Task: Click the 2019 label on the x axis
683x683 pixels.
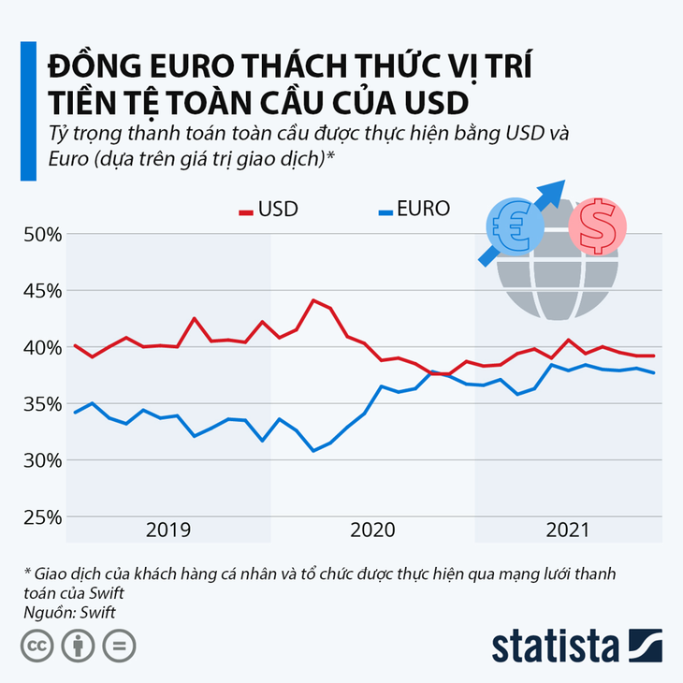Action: (169, 530)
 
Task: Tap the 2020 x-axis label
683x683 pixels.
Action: (373, 530)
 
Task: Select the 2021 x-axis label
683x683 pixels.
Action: (568, 530)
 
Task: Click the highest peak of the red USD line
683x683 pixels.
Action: (312, 300)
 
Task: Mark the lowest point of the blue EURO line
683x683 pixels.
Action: (313, 451)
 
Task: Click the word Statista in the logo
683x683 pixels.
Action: (555, 647)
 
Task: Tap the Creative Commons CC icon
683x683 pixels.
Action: (36, 646)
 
